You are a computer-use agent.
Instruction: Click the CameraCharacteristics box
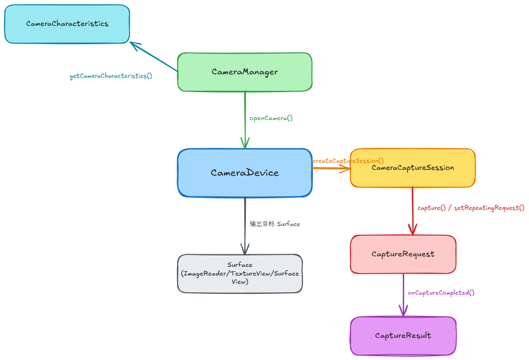tap(67, 24)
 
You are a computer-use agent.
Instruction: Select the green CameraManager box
tap(245, 72)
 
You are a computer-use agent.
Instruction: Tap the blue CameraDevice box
tap(245, 173)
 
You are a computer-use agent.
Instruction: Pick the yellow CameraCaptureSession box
tap(413, 168)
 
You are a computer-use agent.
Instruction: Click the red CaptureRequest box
tap(403, 254)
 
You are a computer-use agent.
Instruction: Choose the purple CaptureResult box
tap(403, 336)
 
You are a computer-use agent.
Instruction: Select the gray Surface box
tap(240, 274)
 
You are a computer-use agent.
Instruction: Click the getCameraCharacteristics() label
tap(111, 76)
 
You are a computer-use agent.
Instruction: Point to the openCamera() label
tap(271, 118)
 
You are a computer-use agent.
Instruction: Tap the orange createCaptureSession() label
tap(348, 161)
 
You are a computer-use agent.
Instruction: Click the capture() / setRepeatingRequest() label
tap(471, 208)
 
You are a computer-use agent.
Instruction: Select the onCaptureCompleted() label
tap(441, 293)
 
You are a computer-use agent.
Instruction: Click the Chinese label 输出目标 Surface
tap(275, 224)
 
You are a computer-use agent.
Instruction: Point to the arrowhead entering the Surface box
tap(245, 249)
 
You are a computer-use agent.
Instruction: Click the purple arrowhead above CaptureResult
tap(403, 311)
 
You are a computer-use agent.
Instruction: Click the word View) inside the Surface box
tap(240, 282)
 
